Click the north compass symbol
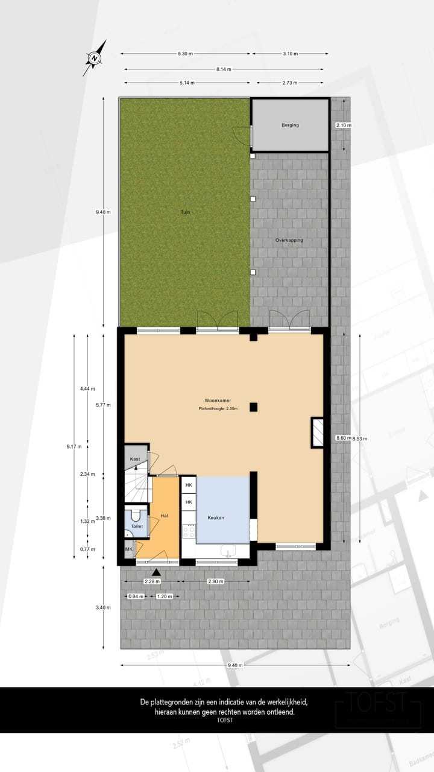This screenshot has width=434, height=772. (95, 59)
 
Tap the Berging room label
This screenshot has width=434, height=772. (290, 125)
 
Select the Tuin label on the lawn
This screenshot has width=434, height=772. (185, 212)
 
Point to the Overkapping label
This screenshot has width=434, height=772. (289, 240)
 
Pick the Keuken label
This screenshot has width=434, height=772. (216, 518)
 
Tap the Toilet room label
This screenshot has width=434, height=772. (137, 527)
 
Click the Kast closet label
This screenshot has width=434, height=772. (135, 460)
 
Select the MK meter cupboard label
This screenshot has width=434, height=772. (128, 549)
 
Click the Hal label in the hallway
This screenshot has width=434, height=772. (164, 516)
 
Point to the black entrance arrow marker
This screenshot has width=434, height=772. (156, 572)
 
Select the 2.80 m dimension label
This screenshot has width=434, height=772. (216, 582)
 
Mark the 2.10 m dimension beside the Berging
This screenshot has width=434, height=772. (344, 125)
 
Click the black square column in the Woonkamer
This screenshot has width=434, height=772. (254, 407)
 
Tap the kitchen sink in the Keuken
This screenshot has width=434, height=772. (228, 550)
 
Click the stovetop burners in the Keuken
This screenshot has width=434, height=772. (189, 532)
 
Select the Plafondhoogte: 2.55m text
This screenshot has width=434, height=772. (218, 410)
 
